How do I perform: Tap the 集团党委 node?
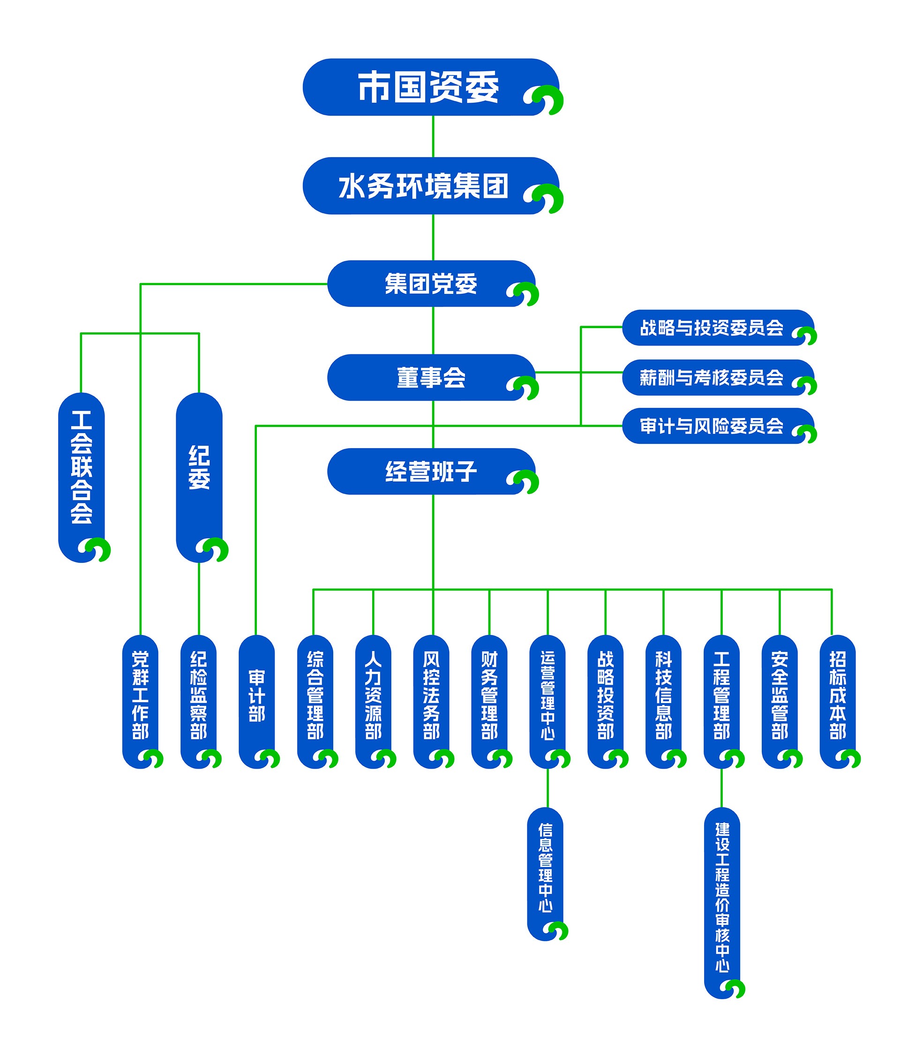point(430,284)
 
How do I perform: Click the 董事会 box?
point(430,378)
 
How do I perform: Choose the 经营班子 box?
point(430,471)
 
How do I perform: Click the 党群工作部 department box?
point(140,695)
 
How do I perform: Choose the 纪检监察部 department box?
point(199,695)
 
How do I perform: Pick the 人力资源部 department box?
point(373,695)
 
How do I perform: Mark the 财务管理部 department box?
point(489,695)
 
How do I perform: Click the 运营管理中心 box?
point(547,695)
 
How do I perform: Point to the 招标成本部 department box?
point(837,695)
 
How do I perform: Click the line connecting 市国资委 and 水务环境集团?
point(433,136)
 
